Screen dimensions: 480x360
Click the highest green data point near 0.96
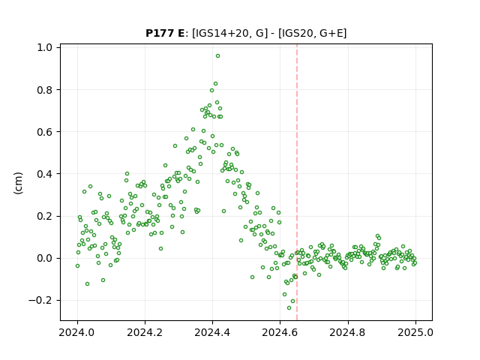217,56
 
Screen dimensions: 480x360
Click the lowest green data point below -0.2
289,307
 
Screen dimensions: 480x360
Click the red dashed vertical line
297,182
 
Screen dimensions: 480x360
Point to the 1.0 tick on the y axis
44,47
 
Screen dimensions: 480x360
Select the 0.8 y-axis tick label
44,90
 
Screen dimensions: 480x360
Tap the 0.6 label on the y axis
44,132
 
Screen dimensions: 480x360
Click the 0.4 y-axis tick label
44,174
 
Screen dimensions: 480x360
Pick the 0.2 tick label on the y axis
44,216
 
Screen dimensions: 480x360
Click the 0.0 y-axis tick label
44,258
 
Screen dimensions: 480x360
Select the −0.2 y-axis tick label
40,300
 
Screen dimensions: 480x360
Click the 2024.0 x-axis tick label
77,332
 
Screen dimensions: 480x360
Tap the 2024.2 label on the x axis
145,332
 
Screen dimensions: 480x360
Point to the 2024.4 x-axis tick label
212,332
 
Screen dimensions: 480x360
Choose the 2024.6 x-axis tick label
280,332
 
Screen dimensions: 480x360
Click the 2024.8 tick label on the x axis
348,332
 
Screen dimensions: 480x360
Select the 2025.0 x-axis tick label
415,332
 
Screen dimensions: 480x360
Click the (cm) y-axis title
18,183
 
